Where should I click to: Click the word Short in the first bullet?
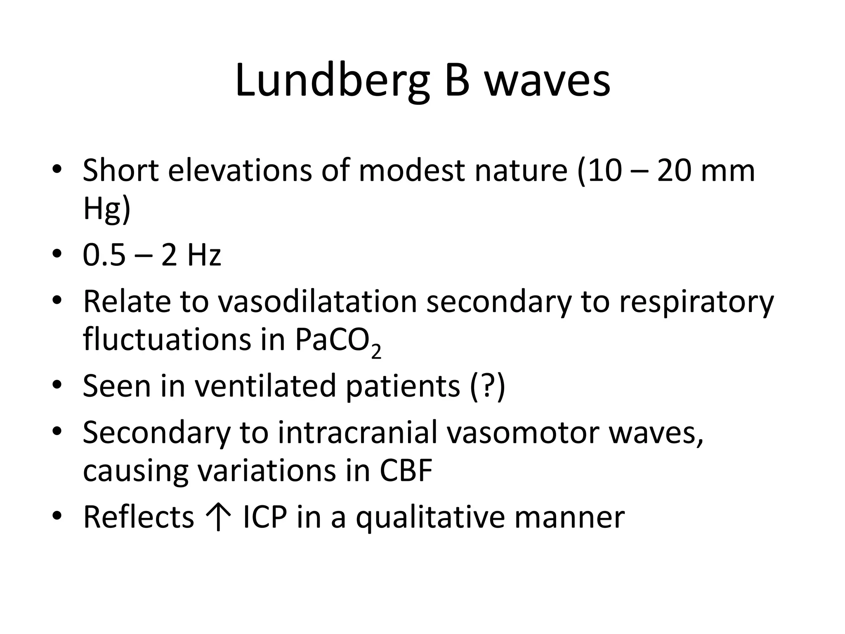tap(120, 170)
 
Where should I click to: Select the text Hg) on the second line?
tap(106, 209)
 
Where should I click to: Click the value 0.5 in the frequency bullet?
tap(104, 255)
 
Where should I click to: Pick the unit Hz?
tap(204, 255)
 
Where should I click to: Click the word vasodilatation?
tap(317, 301)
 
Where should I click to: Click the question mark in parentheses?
tap(487, 386)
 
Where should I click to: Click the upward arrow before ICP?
tap(218, 517)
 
